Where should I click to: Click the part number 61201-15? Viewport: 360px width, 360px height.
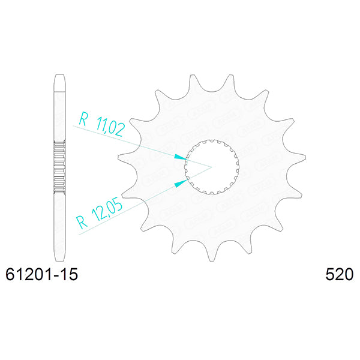41,275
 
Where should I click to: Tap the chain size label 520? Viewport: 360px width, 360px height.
339,275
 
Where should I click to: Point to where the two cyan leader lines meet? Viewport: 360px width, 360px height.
211,166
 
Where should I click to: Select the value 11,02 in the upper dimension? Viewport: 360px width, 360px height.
109,127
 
